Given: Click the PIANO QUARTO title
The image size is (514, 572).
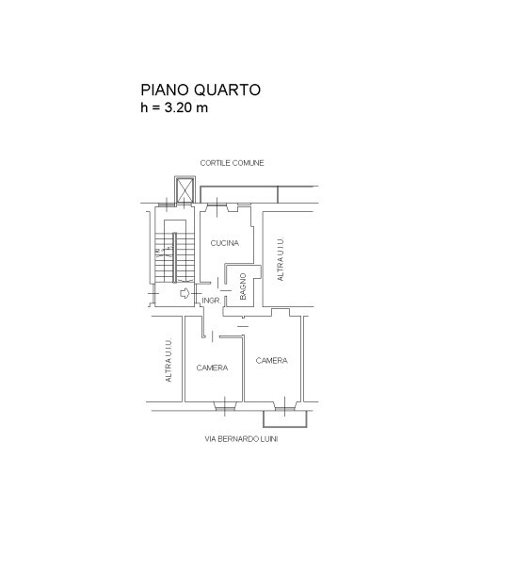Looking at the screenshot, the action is pyautogui.click(x=201, y=90).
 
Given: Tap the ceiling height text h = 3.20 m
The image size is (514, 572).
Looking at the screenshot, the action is pyautogui.click(x=174, y=107).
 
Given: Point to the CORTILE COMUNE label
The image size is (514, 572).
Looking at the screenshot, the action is pyautogui.click(x=232, y=163).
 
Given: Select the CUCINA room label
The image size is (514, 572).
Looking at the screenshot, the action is pyautogui.click(x=225, y=243).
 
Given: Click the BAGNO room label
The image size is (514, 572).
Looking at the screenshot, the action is pyautogui.click(x=243, y=286).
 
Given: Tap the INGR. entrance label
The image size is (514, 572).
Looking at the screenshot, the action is pyautogui.click(x=212, y=301).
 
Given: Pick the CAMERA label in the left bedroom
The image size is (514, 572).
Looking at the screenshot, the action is pyautogui.click(x=212, y=368).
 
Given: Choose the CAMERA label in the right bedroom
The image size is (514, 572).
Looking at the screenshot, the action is pyautogui.click(x=271, y=360).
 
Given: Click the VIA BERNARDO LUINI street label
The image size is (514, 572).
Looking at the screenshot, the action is pyautogui.click(x=241, y=439).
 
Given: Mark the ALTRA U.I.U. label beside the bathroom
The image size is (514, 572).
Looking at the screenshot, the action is pyautogui.click(x=280, y=259).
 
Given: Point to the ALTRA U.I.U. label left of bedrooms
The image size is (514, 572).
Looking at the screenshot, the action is pyautogui.click(x=169, y=360).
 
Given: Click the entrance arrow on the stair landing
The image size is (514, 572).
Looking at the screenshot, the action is pyautogui.click(x=185, y=293).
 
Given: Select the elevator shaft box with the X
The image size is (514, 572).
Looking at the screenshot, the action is pyautogui.click(x=185, y=189).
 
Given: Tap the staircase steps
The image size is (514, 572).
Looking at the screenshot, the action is pyautogui.click(x=174, y=257).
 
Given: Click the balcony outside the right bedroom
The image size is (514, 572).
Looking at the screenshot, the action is pyautogui.click(x=285, y=418).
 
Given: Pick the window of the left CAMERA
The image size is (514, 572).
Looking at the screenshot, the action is pyautogui.click(x=225, y=405).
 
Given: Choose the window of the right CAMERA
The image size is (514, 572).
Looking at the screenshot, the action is pyautogui.click(x=285, y=405).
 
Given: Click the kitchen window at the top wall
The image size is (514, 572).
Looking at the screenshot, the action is pyautogui.click(x=217, y=207).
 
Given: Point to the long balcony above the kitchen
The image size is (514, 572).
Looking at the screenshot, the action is pyautogui.click(x=259, y=194).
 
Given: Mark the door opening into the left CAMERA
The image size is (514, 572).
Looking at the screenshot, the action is pyautogui.click(x=213, y=336).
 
